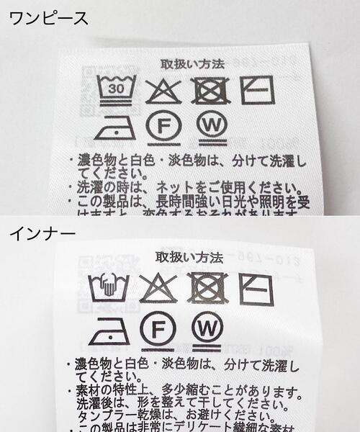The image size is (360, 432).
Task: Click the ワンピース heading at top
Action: [49, 17]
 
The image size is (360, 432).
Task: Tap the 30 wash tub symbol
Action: [114, 88]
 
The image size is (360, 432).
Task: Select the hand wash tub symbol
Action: [109, 287]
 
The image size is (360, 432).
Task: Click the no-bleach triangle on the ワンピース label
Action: [163, 90]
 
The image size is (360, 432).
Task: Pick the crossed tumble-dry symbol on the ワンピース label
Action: [212, 89]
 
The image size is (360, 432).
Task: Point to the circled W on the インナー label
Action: [208, 329]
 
